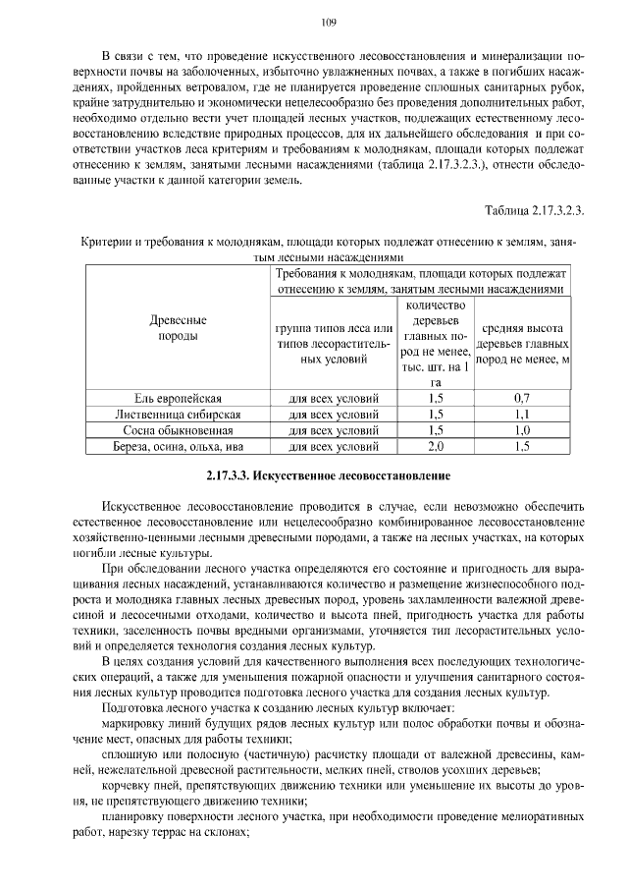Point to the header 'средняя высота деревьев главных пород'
pyautogui.click(x=522, y=344)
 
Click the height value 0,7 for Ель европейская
pyautogui.click(x=522, y=399)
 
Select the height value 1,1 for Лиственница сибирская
pyautogui.click(x=522, y=415)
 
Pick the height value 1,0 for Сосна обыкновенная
pyautogui.click(x=522, y=430)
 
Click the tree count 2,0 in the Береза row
pyautogui.click(x=437, y=446)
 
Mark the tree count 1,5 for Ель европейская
pyautogui.click(x=437, y=399)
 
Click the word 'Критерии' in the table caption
pyautogui.click(x=103, y=242)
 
